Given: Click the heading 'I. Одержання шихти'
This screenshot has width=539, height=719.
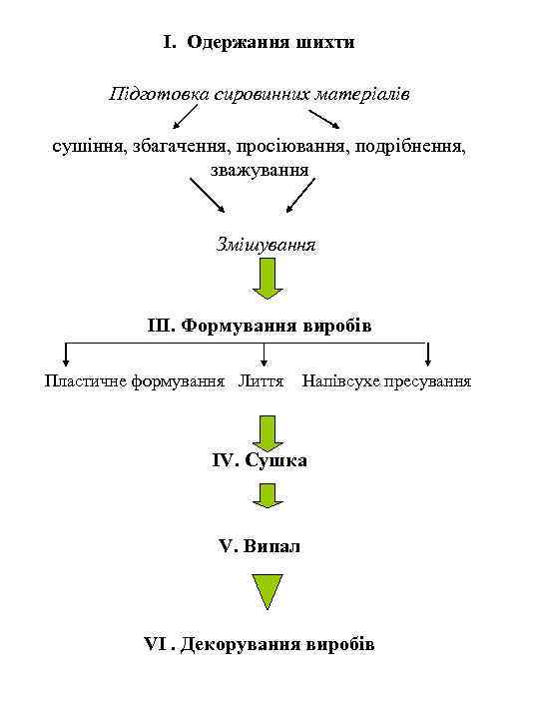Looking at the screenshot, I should click(260, 43).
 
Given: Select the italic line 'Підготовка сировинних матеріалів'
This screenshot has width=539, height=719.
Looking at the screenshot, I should click(260, 95).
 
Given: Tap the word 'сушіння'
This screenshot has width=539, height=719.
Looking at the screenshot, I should click(88, 147).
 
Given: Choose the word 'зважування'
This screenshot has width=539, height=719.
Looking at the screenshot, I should click(260, 168).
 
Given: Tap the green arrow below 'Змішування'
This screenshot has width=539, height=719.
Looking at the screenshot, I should click(268, 279).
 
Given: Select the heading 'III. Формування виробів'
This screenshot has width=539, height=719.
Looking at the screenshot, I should click(260, 327).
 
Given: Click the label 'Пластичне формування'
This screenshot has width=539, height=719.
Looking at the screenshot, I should click(135, 381).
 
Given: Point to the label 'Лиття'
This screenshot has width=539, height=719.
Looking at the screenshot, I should click(262, 381).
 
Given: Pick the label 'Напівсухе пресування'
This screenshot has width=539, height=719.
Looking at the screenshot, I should click(386, 381).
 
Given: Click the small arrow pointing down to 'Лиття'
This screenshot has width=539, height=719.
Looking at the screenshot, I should click(264, 356).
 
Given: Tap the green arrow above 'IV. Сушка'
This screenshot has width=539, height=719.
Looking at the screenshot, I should click(268, 431).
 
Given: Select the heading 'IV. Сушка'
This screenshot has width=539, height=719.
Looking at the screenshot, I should click(260, 461).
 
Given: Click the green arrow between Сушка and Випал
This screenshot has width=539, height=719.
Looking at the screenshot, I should click(268, 496).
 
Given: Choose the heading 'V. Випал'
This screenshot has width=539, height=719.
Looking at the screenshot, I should click(260, 547).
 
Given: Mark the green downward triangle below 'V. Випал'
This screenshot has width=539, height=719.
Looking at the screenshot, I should click(268, 591).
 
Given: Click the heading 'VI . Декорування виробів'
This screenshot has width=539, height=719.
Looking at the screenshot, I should click(260, 644).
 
